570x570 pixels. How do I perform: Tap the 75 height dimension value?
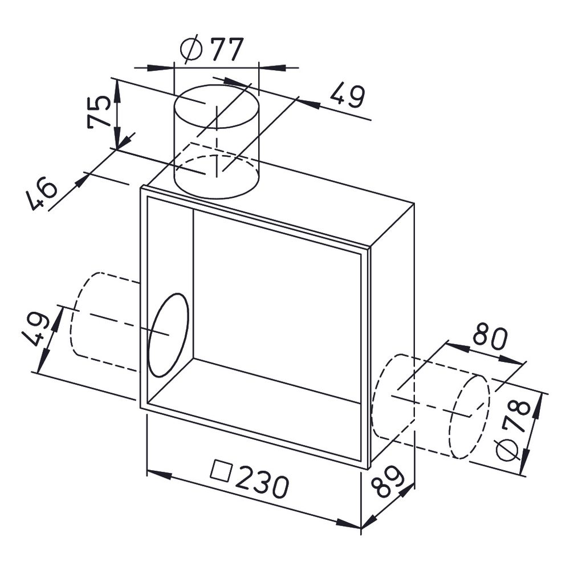click(99, 112)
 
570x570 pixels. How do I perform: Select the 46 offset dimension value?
click(42, 194)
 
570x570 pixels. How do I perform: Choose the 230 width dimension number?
click(250, 479)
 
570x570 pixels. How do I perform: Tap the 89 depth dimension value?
click(388, 481)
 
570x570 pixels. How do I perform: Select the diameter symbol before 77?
click(191, 49)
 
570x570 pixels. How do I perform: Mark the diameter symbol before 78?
click(508, 448)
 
